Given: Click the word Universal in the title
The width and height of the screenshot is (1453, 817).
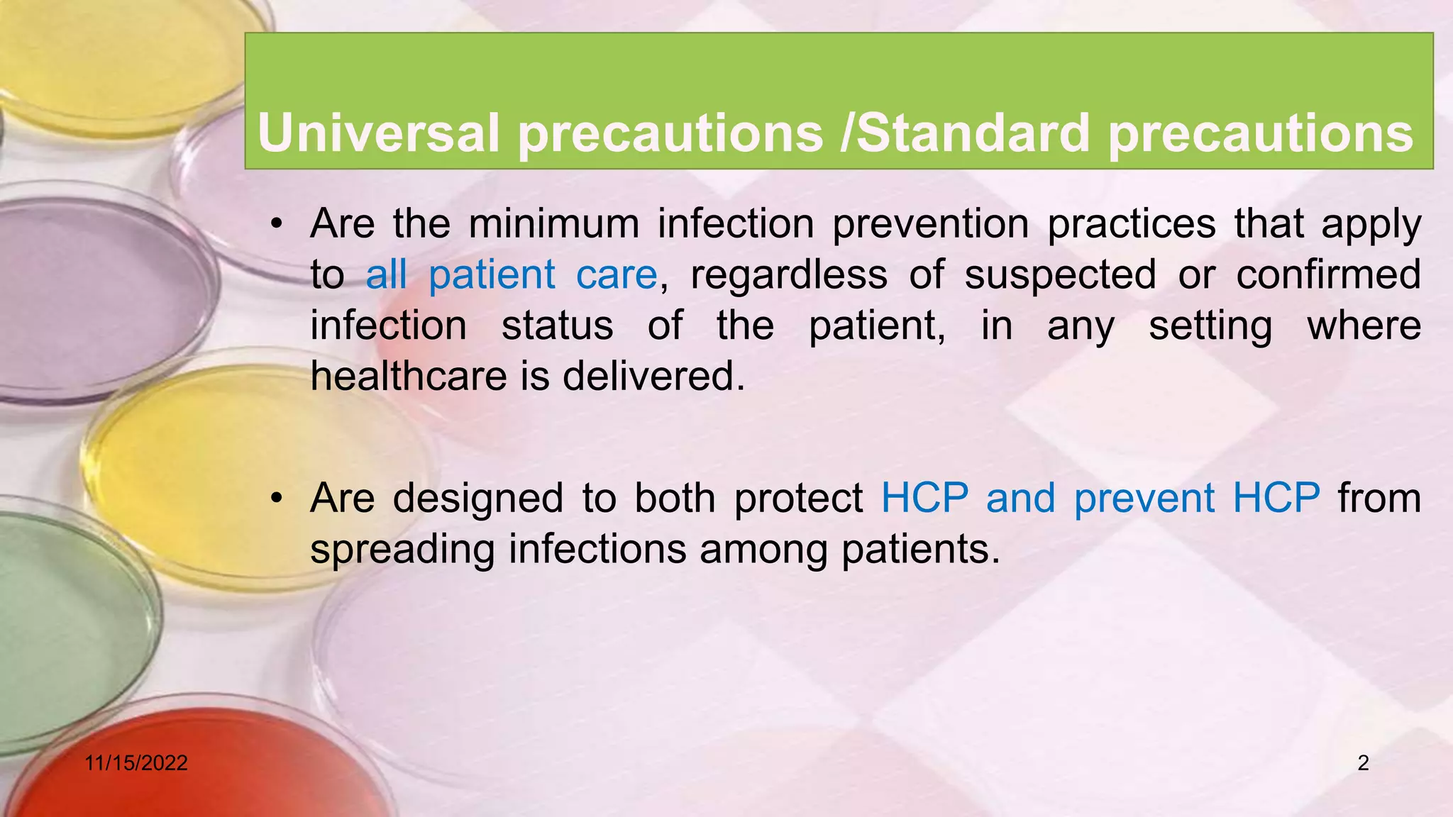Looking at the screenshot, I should pyautogui.click(x=379, y=133).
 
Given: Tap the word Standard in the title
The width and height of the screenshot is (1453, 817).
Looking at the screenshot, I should pyautogui.click(x=973, y=133).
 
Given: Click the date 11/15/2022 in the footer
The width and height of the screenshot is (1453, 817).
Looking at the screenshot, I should pyautogui.click(x=136, y=763).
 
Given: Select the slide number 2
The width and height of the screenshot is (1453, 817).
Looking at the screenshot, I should pyautogui.click(x=1363, y=763).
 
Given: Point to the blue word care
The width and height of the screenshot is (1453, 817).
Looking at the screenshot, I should pyautogui.click(x=617, y=274).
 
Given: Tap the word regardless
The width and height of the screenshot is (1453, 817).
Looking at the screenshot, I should pyautogui.click(x=788, y=274).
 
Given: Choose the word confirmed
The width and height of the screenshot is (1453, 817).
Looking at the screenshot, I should pyautogui.click(x=1328, y=274).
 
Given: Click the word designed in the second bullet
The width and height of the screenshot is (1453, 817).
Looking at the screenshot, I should pyautogui.click(x=477, y=498).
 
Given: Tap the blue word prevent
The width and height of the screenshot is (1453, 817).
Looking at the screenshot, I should pyautogui.click(x=1144, y=498).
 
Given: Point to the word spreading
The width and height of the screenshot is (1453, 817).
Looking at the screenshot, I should pyautogui.click(x=402, y=550).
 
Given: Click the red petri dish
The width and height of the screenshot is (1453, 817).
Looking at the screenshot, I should pyautogui.click(x=177, y=766).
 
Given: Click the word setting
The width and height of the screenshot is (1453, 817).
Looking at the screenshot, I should pyautogui.click(x=1210, y=326).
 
